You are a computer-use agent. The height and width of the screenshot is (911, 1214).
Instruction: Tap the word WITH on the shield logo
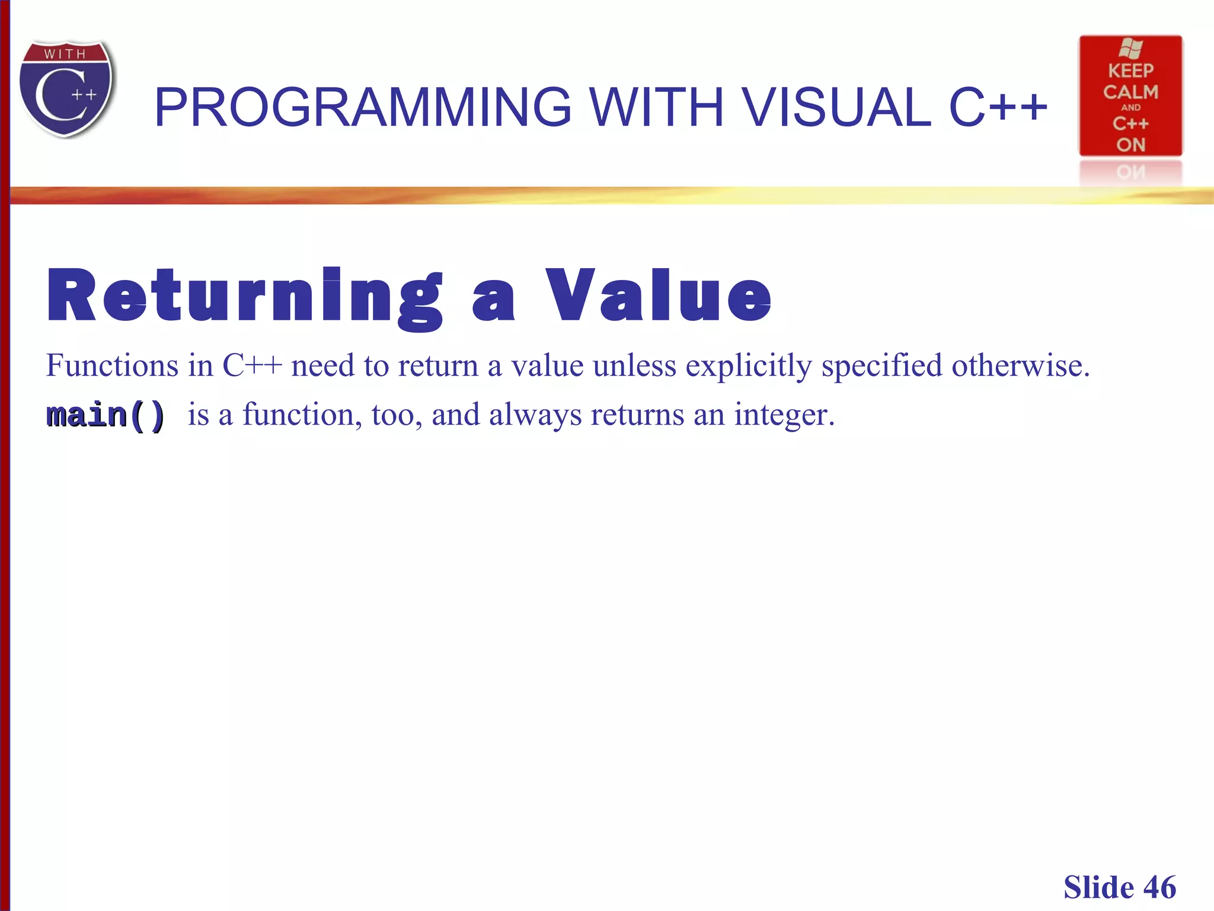(65, 54)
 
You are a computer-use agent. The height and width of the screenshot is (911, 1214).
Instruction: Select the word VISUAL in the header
(836, 107)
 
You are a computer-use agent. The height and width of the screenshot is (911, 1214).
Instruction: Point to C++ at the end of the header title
(998, 107)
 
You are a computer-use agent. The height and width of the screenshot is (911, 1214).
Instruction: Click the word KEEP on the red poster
(1130, 71)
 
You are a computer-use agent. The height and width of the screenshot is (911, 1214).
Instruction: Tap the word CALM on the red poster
(1130, 92)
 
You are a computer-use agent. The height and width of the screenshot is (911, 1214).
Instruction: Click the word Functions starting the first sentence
(112, 365)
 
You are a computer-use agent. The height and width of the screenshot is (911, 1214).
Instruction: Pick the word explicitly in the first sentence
(749, 366)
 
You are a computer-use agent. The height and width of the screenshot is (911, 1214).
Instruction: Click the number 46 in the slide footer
(1159, 888)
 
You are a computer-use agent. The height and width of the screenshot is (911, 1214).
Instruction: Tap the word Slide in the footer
(1098, 888)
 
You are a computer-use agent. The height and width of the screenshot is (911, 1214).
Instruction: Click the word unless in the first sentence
(634, 365)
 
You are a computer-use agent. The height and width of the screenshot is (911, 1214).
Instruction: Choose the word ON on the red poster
(1130, 145)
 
